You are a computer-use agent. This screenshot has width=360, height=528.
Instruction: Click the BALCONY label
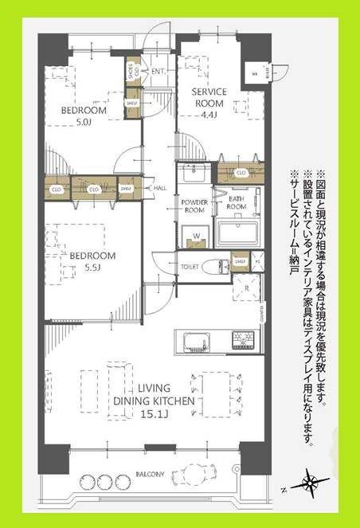149,474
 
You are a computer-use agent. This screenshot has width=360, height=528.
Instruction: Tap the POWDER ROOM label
194,207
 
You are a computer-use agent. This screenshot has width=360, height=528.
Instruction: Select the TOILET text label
189,267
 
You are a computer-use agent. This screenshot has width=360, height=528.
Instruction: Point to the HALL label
159,188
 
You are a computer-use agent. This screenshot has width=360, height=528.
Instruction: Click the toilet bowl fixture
213,267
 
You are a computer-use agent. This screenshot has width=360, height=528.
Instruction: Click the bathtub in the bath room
238,233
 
